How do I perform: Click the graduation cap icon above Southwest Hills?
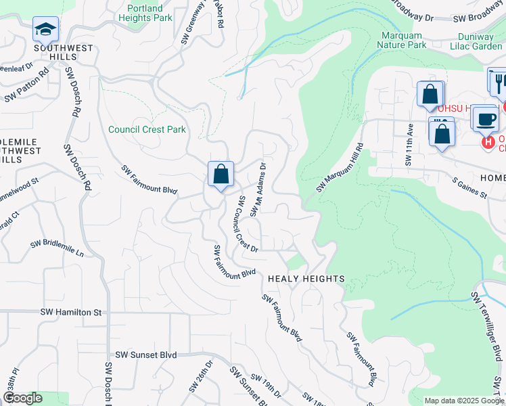45,29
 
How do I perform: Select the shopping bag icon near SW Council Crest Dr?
221,175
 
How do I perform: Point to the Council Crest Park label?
147,129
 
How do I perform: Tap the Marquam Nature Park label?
404,39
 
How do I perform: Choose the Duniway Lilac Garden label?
476,39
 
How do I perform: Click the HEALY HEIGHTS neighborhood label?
306,279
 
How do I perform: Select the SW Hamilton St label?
70,312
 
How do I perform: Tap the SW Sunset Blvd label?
145,355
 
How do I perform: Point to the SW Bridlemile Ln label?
57,248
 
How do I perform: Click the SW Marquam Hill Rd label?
340,166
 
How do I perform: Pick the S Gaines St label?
470,188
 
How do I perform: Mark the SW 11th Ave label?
409,144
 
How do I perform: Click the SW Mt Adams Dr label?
258,189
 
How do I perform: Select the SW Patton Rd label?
27,85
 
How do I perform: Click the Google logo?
22,398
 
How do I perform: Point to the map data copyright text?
463,401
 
